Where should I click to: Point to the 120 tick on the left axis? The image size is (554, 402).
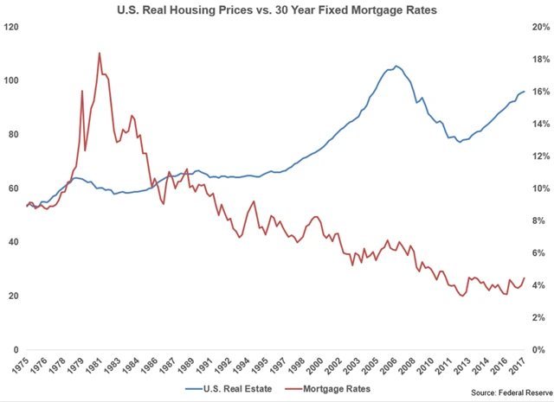tap(13, 27)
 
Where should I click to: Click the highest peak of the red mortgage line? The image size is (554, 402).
tap(100, 53)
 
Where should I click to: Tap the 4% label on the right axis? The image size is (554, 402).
tap(537, 285)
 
